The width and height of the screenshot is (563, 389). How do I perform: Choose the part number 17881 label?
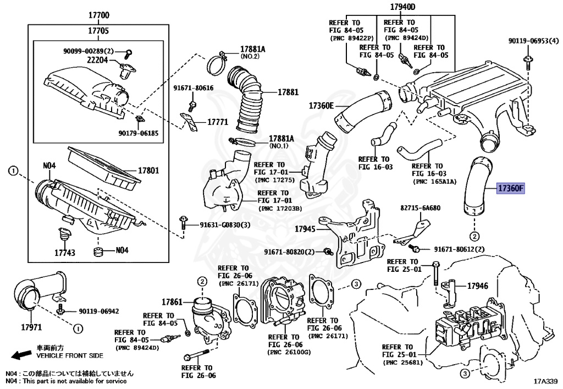pyautogui.click(x=288, y=92)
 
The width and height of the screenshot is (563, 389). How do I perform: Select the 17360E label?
pyautogui.click(x=321, y=105)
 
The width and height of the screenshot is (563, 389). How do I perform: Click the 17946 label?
pyautogui.click(x=478, y=286)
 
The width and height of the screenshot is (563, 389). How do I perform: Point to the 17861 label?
pyautogui.click(x=172, y=302)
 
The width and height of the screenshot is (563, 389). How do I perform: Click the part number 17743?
pyautogui.click(x=64, y=254)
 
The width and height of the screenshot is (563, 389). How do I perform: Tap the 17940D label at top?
pyautogui.click(x=403, y=7)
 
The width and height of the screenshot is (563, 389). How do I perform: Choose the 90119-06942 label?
pyautogui.click(x=95, y=311)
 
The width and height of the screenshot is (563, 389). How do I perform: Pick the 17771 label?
pyautogui.click(x=217, y=122)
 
